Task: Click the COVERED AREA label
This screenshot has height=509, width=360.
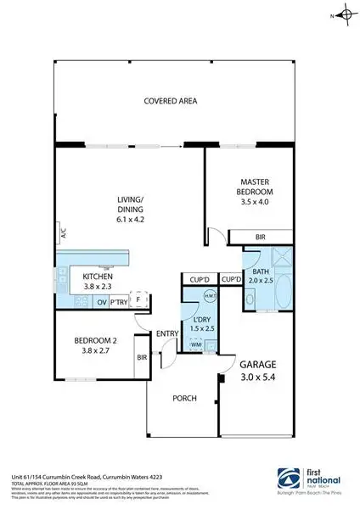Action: tap(170, 101)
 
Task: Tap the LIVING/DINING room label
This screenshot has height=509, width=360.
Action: tap(131, 204)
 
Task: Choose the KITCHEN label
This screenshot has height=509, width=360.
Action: tap(98, 277)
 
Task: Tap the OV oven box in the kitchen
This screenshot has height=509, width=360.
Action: tap(101, 302)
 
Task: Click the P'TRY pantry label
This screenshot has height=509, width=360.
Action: tap(119, 302)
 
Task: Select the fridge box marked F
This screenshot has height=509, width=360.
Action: tap(139, 301)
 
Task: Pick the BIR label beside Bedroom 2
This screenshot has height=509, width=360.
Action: tap(141, 357)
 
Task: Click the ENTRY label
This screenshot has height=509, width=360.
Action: tap(166, 333)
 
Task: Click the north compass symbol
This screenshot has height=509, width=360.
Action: tap(343, 14)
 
